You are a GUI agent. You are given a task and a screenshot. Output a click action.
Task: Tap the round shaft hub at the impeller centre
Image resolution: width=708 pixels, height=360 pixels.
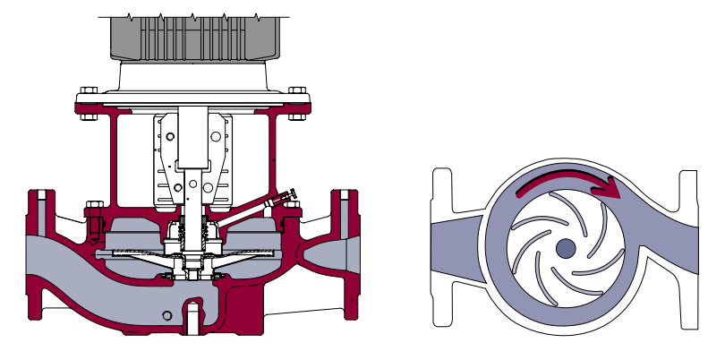[565, 248]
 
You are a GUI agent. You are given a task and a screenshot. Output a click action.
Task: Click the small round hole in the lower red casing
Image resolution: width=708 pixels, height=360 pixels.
[168, 315]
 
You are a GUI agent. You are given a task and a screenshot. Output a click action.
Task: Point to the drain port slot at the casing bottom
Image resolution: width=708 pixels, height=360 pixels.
[191, 318]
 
